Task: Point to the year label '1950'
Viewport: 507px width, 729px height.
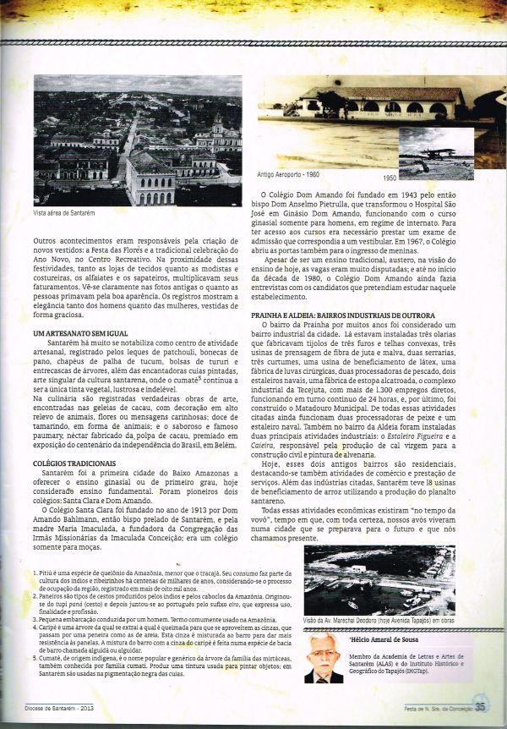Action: pyautogui.click(x=389, y=179)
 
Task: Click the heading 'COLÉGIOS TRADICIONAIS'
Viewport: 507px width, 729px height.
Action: pyautogui.click(x=74, y=463)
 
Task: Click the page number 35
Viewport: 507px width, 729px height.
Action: pyautogui.click(x=480, y=709)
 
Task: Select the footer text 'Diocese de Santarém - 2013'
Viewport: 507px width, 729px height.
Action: pyautogui.click(x=66, y=709)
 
